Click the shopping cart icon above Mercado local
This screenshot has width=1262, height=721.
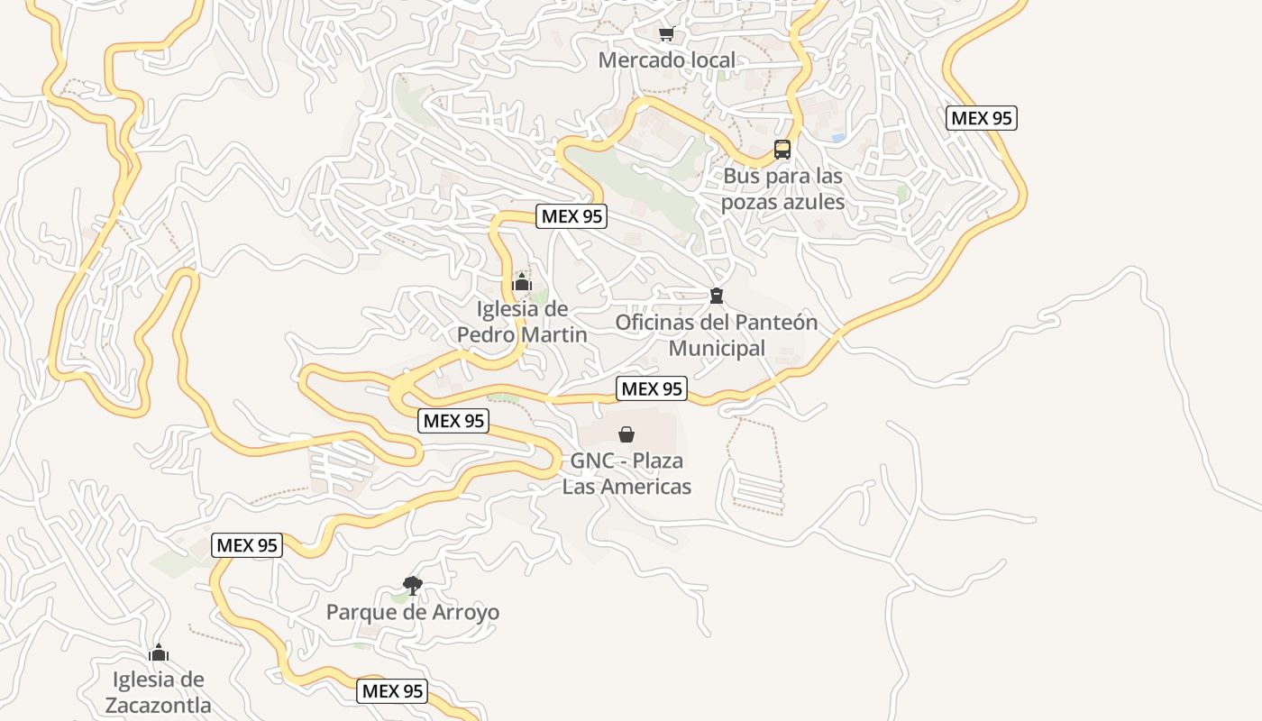pos(666,34)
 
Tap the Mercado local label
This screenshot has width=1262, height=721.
pos(667,60)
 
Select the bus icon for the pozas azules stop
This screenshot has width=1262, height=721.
pos(782,150)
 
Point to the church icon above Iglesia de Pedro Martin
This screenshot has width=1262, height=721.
pos(521,283)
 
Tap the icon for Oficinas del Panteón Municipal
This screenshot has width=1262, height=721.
pos(717,296)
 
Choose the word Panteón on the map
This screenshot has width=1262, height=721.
pos(776,322)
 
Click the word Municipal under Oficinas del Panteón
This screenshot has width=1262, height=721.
pos(717,348)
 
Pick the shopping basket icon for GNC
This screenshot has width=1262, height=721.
pos(626,435)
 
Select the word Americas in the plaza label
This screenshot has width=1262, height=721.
pos(647,487)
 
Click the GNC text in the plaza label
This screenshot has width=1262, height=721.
pos(596,461)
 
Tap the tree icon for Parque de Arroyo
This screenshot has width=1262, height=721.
pos(413,586)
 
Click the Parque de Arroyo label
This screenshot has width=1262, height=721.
pos(413,613)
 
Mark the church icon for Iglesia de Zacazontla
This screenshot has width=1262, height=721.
pos(159,653)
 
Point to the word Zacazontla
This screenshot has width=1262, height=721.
pos(159,705)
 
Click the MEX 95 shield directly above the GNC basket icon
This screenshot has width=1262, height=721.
pos(652,388)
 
